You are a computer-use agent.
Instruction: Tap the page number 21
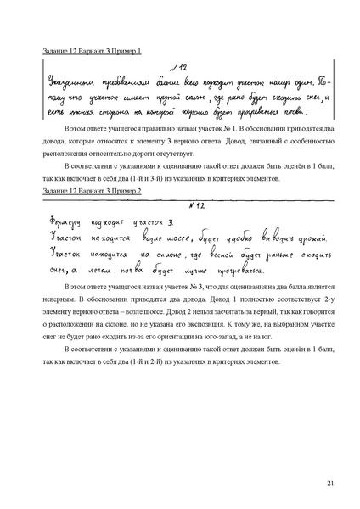tap(329, 484)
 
